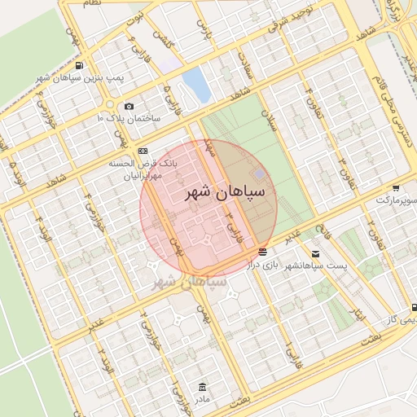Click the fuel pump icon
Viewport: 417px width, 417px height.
pyautogui.click(x=78, y=66)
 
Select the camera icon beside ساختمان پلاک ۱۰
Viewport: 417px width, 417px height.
pyautogui.click(x=129, y=106)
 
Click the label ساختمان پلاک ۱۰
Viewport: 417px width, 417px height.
pyautogui.click(x=129, y=118)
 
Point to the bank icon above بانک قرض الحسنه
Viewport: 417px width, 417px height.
pyautogui.click(x=143, y=151)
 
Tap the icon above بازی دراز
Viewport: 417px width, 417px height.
pyautogui.click(x=262, y=252)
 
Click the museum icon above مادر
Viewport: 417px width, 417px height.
pyautogui.click(x=203, y=387)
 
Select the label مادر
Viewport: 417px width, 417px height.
pyautogui.click(x=203, y=399)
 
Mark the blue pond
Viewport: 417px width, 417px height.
pyautogui.click(x=196, y=82)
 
